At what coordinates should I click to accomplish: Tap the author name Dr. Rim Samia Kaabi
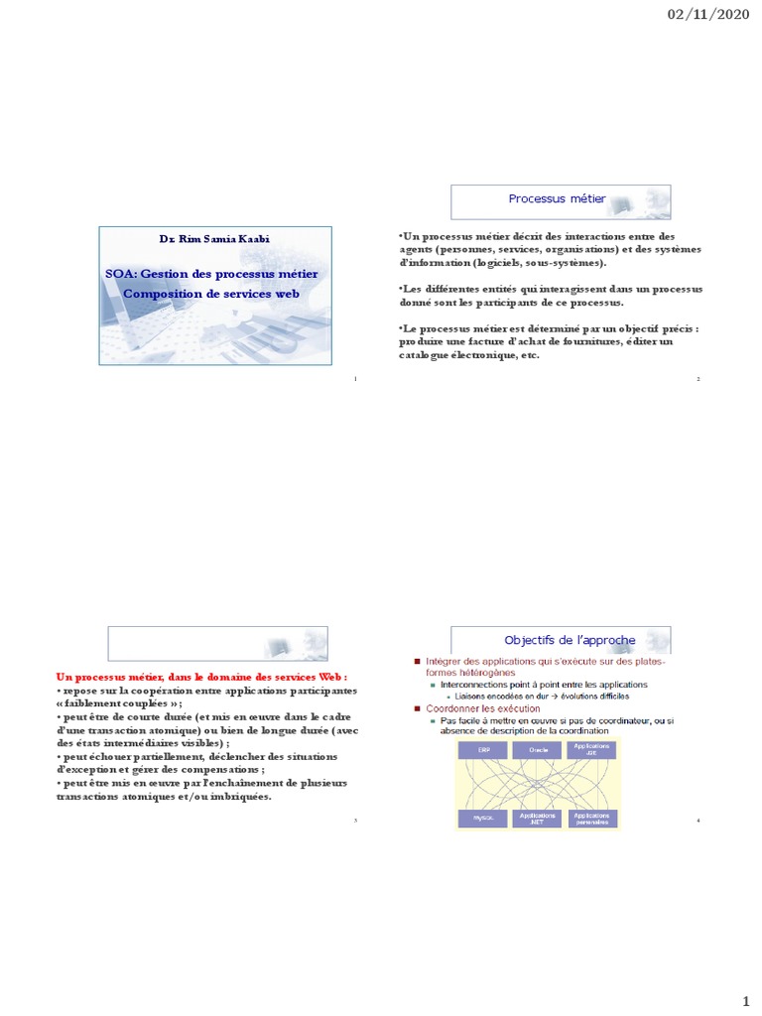[214, 239]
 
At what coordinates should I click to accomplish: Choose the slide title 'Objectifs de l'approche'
[556, 640]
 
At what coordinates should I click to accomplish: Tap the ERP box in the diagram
[482, 750]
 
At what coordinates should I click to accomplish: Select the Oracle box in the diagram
[538, 750]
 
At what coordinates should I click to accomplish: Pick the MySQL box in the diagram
[482, 818]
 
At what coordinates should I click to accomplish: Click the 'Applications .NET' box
[538, 818]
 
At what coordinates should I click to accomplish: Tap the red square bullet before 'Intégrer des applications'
[418, 661]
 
